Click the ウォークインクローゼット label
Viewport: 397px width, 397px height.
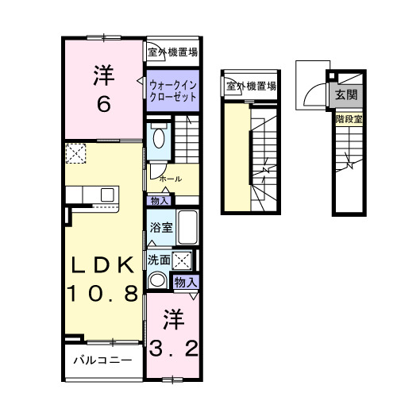coord(172,88)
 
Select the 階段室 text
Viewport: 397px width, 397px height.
coord(348,119)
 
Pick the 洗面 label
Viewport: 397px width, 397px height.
coord(158,259)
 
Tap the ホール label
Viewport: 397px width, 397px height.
coord(170,179)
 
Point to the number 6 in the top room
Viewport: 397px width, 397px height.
coord(103,103)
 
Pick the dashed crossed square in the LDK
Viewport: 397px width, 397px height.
coord(75,154)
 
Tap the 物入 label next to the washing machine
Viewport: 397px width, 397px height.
coord(185,283)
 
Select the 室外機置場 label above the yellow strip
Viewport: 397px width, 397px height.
coord(250,86)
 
